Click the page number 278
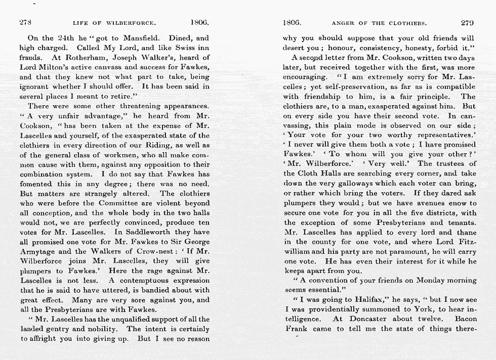pyautogui.click(x=25, y=23)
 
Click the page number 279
pyautogui.click(x=468, y=23)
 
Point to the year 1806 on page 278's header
pyautogui.click(x=199, y=23)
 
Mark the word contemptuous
pyautogui.click(x=148, y=281)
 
